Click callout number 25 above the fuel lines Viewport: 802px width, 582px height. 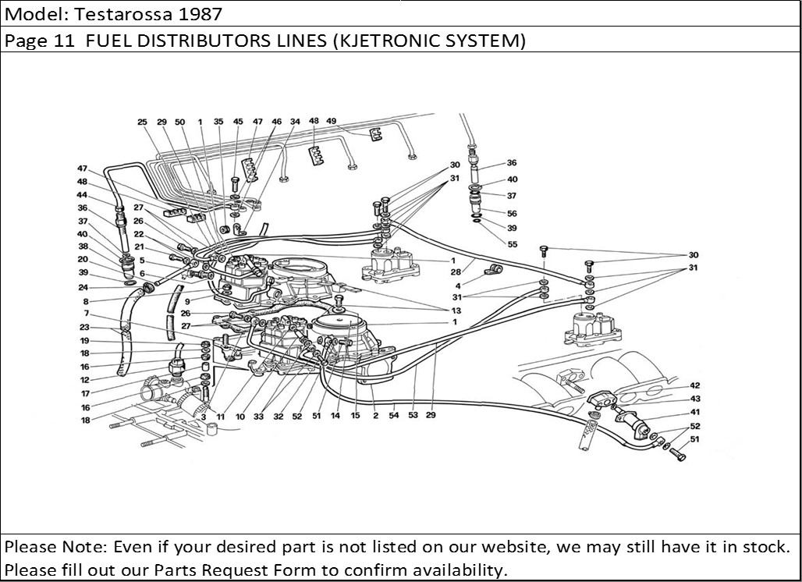tap(142, 122)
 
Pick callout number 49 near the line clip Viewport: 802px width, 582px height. tap(332, 122)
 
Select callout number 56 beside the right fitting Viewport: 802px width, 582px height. tap(512, 213)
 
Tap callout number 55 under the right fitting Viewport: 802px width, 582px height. tap(512, 244)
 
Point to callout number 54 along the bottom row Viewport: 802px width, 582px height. tap(393, 416)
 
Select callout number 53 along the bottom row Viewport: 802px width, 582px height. tap(412, 416)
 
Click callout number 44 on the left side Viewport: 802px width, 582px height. tap(82, 195)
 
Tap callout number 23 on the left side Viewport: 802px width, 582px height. tap(84, 327)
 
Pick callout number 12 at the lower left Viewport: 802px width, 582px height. tap(84, 380)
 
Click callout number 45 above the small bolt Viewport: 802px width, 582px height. tap(238, 122)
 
